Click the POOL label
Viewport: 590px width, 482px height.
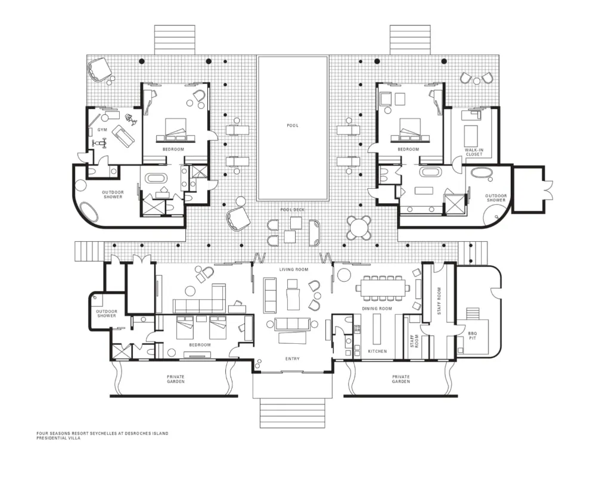(293, 125)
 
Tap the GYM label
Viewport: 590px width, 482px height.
(103, 130)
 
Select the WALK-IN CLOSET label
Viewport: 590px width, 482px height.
(474, 152)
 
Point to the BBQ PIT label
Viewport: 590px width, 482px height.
(473, 335)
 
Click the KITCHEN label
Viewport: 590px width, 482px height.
(377, 351)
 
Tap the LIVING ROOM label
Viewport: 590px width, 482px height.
(294, 269)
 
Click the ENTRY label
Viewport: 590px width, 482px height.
(293, 359)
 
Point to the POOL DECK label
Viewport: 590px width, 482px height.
(293, 210)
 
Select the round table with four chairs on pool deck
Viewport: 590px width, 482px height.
(358, 227)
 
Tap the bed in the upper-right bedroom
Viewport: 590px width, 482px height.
(410, 130)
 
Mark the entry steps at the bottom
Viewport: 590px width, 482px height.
(292, 413)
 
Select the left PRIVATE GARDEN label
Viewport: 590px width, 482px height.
(176, 379)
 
